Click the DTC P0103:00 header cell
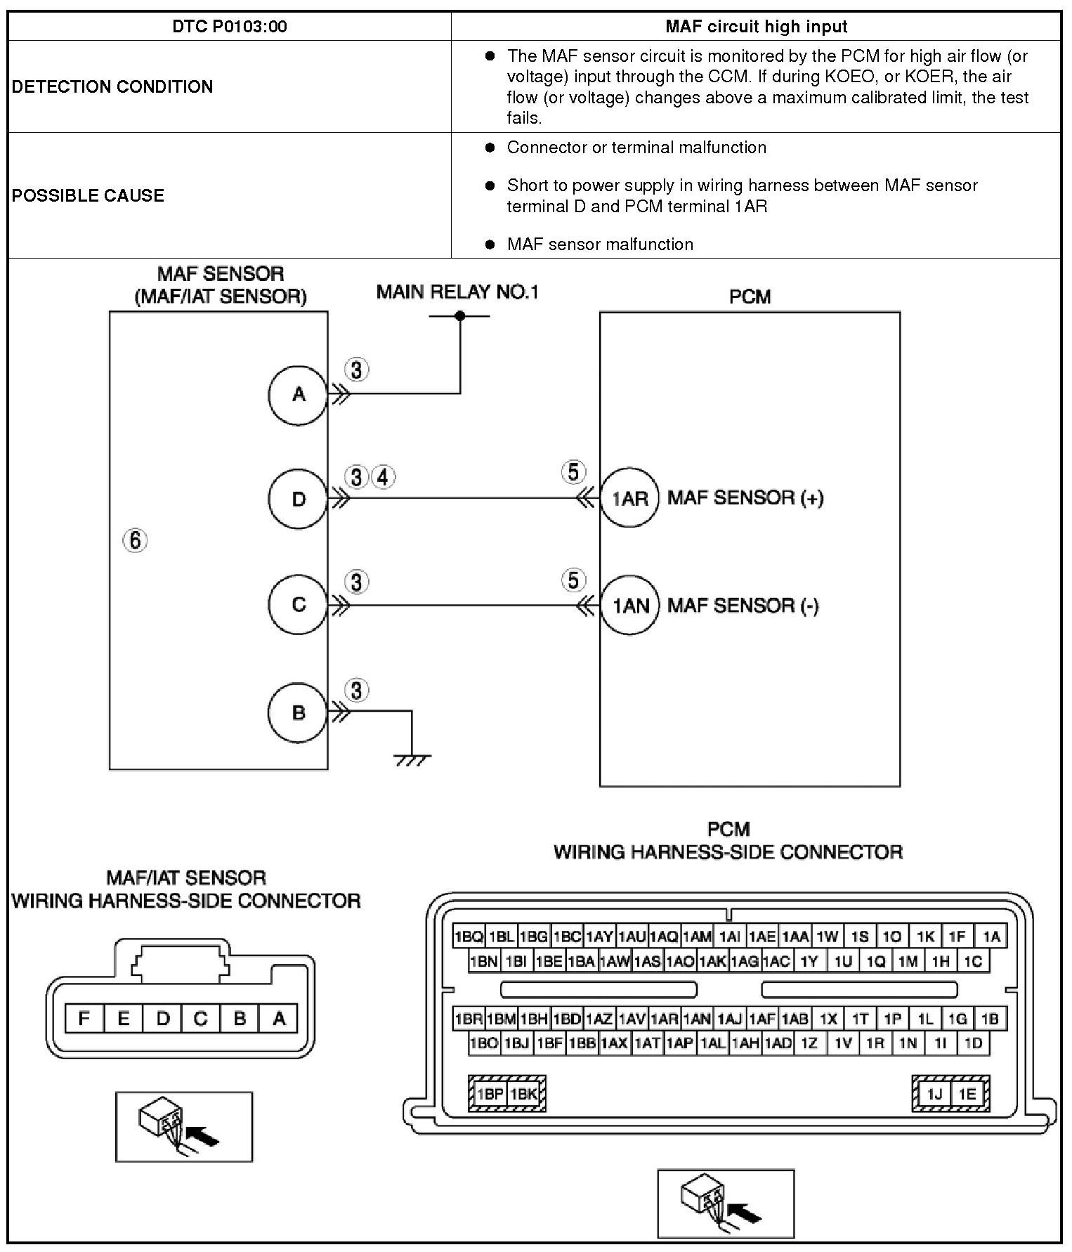click(229, 27)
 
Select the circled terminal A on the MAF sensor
click(299, 395)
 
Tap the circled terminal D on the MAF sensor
click(299, 499)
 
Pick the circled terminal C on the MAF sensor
click(299, 605)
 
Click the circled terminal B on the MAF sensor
click(299, 712)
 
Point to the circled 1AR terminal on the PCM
click(629, 498)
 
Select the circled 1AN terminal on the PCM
click(630, 606)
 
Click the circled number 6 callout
click(136, 540)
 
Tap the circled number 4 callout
click(383, 478)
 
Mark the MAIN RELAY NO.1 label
click(457, 292)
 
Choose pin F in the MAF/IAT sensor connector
click(84, 1019)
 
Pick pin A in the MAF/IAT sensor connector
click(279, 1019)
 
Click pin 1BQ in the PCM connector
click(469, 937)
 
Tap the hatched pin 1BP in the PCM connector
click(489, 1094)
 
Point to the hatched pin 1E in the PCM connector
click(967, 1094)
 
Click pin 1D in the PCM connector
click(973, 1043)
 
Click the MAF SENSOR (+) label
click(745, 498)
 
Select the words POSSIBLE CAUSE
click(88, 195)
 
